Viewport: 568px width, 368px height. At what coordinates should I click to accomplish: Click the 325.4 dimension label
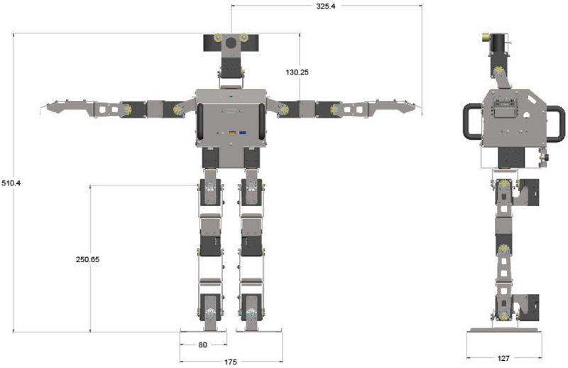pyautogui.click(x=326, y=6)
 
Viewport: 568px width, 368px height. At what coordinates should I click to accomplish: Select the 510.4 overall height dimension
pyautogui.click(x=11, y=183)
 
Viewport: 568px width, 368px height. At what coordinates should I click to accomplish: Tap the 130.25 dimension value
pyautogui.click(x=297, y=72)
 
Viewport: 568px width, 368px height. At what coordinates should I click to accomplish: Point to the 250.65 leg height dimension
pyautogui.click(x=87, y=259)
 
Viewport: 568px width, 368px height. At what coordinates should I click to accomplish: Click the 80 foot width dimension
pyautogui.click(x=203, y=345)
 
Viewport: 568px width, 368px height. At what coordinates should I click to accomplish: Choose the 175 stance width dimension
pyautogui.click(x=230, y=362)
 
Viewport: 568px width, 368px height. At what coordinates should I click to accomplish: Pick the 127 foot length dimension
pyautogui.click(x=503, y=358)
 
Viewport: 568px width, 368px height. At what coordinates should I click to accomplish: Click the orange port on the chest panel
pyautogui.click(x=232, y=133)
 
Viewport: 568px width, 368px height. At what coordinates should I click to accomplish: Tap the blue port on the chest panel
pyautogui.click(x=243, y=133)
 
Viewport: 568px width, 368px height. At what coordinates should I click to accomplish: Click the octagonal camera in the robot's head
pyautogui.click(x=231, y=43)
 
